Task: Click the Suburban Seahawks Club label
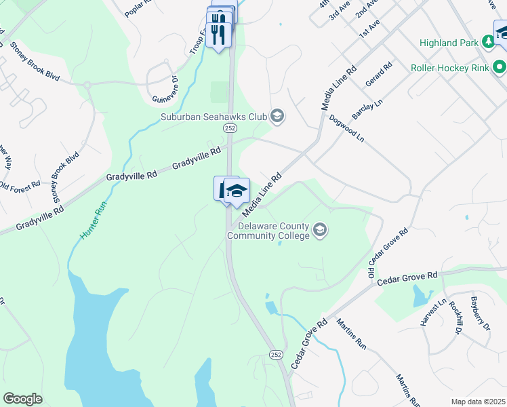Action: [214, 117]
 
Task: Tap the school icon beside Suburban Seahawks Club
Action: [277, 117]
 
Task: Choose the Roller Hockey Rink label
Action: [450, 68]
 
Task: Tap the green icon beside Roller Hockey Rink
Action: [500, 67]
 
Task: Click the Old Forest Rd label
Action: [19, 185]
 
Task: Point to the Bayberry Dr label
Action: [481, 317]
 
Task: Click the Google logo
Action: [22, 399]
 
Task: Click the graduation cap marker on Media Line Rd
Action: [237, 190]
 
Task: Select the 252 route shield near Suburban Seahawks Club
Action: [230, 128]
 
